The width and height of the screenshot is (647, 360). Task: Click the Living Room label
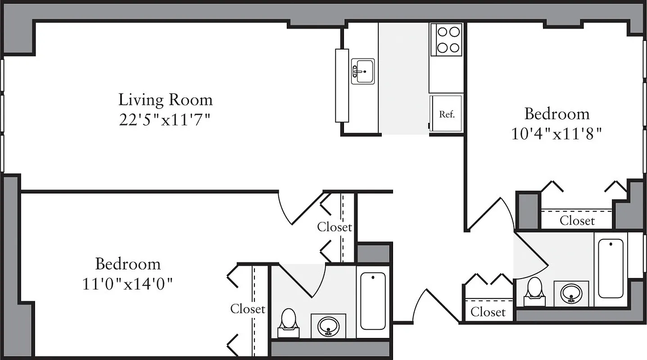165,99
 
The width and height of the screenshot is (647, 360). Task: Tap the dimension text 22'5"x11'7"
165,120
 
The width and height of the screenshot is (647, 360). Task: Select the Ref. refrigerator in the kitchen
446,114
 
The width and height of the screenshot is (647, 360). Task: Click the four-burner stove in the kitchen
446,40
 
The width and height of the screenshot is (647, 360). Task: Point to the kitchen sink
363,71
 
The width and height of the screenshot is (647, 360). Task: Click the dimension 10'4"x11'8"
557,134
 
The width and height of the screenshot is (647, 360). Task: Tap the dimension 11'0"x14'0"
128,284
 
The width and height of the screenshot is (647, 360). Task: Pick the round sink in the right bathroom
571,294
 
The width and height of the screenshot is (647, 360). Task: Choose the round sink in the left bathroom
328,326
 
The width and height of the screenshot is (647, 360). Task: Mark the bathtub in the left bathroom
373,301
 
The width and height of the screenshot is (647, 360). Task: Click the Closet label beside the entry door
488,312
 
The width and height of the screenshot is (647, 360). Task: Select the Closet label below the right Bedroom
577,221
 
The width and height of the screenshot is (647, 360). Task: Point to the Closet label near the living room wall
334,227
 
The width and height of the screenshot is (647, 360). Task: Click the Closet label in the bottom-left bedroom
248,309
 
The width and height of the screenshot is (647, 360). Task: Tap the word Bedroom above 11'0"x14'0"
128,263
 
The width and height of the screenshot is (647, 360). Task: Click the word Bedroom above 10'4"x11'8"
557,114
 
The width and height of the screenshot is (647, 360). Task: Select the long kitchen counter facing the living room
342,85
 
